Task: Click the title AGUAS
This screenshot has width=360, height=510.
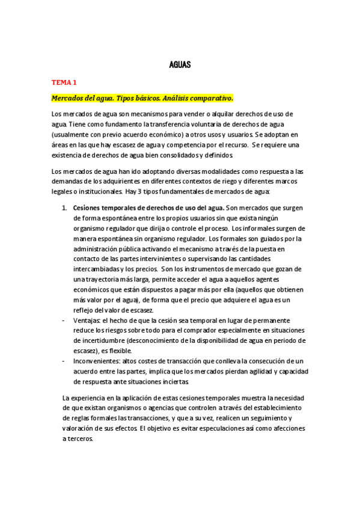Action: [x=180, y=64]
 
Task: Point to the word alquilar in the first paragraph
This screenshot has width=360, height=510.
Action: [x=222, y=114]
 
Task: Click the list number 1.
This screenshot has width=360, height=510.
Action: [x=64, y=208]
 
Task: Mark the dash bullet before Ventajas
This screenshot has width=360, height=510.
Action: [x=64, y=321]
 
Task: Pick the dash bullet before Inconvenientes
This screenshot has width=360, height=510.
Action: [x=64, y=361]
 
